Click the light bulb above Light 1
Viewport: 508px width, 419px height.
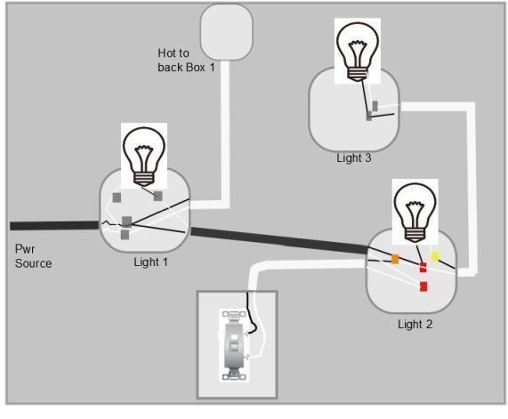[144, 157]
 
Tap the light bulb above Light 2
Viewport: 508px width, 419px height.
[415, 213]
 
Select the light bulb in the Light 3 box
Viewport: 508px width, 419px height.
[358, 52]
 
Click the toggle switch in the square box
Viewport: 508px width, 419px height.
[234, 345]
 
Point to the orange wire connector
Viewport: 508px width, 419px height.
[395, 259]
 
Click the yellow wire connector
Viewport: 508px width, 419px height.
[435, 256]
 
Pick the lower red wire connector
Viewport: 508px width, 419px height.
[423, 286]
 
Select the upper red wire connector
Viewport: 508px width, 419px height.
[423, 268]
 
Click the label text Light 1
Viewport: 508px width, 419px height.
[151, 262]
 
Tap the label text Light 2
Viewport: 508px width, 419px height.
[415, 324]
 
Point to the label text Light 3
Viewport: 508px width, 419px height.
[354, 157]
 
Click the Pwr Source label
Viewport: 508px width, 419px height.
[34, 256]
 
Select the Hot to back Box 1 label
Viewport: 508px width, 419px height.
[186, 60]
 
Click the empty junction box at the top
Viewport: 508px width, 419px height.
[226, 32]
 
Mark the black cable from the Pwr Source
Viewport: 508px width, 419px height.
[54, 226]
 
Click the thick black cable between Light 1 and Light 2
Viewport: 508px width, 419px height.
[279, 240]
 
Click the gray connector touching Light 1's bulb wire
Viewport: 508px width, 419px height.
[157, 196]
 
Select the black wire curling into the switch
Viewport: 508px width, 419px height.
[252, 313]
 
